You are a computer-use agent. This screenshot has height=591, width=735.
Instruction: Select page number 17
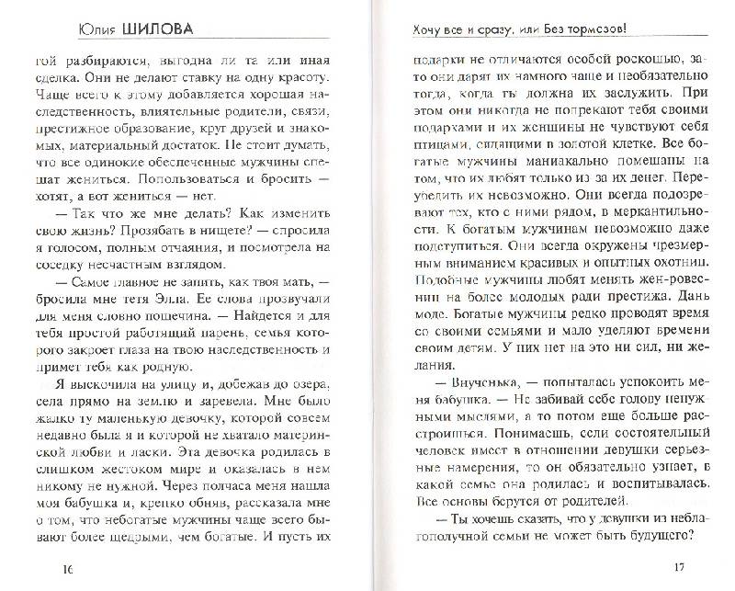coord(679,566)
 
